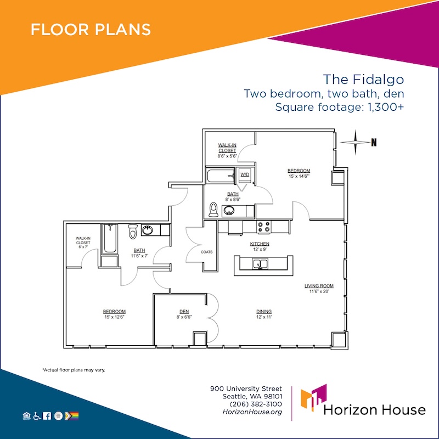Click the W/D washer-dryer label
245,175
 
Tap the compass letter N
374,143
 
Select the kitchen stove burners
264,227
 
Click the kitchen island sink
260,264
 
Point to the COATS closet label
207,252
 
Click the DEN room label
184,311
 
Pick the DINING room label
264,311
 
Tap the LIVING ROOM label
319,286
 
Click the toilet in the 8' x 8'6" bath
213,210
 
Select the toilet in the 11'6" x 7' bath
133,231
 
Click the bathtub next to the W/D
221,176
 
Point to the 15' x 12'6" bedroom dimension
114,317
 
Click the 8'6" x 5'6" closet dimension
227,156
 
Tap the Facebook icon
47,416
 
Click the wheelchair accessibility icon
37,417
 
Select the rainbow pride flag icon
72,416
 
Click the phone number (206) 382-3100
256,404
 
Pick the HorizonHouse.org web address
252,412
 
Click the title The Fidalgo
363,80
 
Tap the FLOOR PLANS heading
91,30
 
